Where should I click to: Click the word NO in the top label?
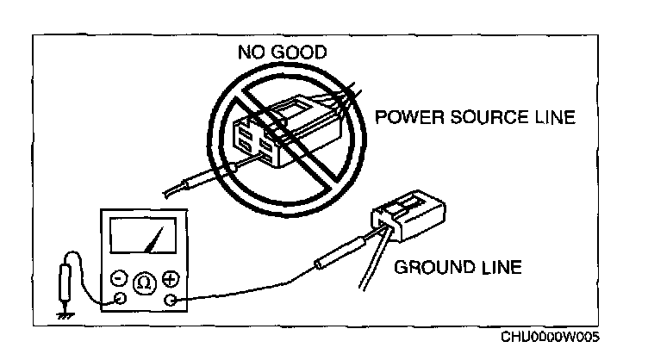coord(251,53)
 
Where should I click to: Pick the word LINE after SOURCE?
coord(553,118)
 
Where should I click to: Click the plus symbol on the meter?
coord(170,278)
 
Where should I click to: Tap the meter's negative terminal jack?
coord(119,300)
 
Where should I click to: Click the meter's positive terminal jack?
coord(170,300)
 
